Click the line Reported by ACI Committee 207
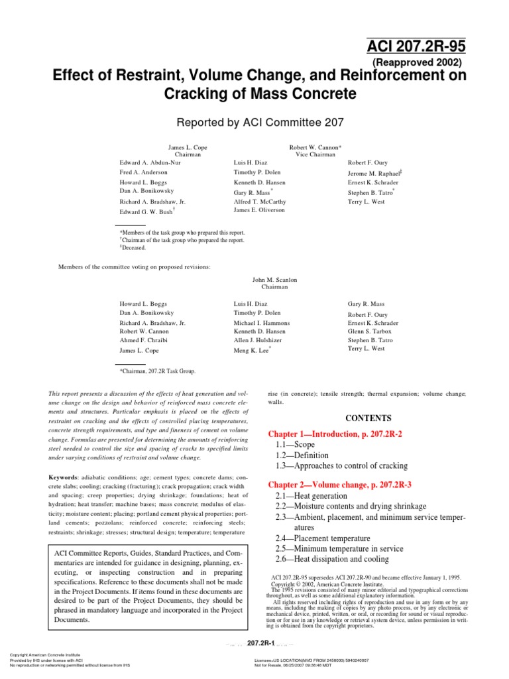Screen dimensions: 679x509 coord(254,122)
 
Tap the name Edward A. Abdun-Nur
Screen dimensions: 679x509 coord(150,162)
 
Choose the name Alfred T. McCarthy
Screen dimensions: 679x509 coord(260,201)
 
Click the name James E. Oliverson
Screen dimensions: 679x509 coord(259,210)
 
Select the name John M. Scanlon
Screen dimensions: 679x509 coord(275,280)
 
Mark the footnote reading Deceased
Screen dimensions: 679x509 coord(134,248)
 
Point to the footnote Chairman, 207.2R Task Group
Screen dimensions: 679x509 coord(157,371)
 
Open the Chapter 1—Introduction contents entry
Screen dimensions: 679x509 coord(343,434)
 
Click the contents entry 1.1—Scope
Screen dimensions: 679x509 coord(295,445)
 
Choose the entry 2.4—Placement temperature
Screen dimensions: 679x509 coord(322,538)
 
